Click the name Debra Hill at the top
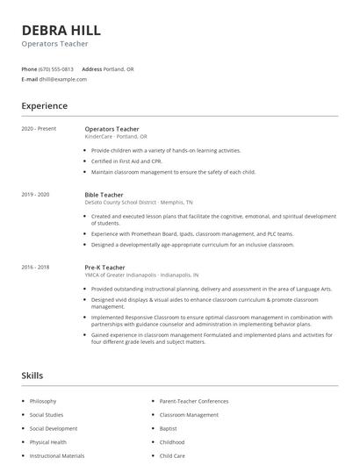coord(61,30)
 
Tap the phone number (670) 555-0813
coord(56,68)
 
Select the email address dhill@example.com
coord(63,79)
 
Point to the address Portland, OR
coord(119,68)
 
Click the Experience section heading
coord(44,106)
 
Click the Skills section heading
coord(32,376)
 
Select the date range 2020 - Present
coord(39,129)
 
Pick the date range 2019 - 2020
coord(36,195)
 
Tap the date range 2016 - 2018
coord(36,267)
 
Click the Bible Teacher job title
coord(104,195)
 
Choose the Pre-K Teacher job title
coord(104,267)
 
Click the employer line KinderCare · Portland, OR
coord(116,137)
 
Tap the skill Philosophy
coord(44,401)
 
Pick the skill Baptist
coord(169,429)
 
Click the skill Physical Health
coord(48,442)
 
